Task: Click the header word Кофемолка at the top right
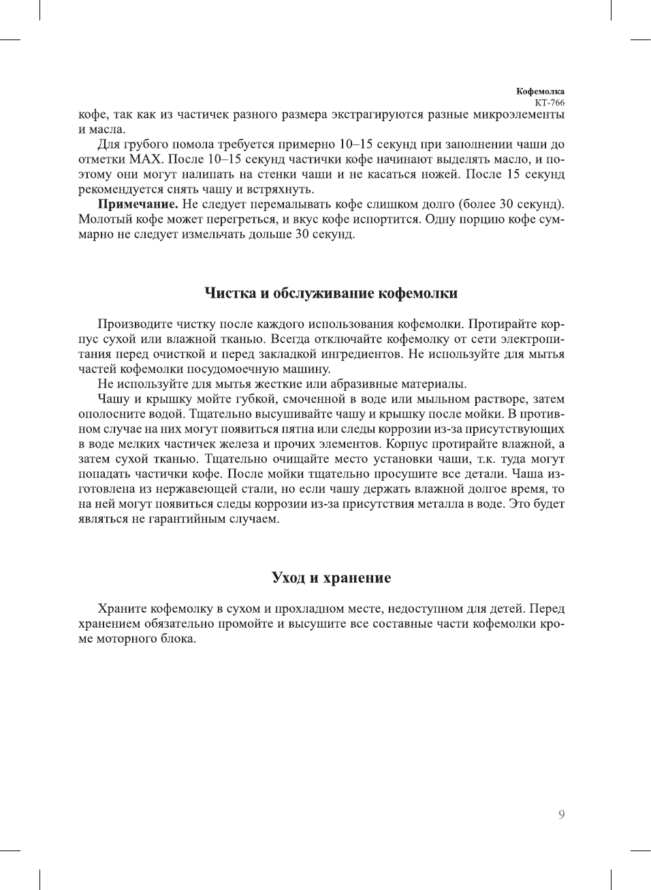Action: tap(540, 91)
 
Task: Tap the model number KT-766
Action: tap(550, 103)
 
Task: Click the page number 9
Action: tap(561, 814)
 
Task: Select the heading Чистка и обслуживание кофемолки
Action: tap(331, 293)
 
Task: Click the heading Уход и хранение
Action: tap(331, 578)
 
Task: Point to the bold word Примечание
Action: tap(138, 204)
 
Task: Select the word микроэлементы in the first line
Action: tap(518, 114)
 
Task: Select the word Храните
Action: tap(122, 609)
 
